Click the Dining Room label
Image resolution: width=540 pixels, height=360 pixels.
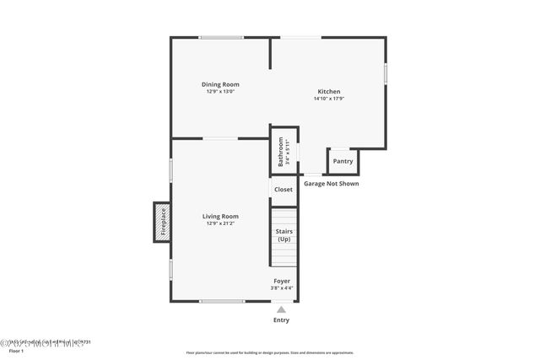pos(220,83)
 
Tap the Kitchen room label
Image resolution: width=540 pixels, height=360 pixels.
pos(328,91)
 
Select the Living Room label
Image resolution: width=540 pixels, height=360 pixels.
pos(220,216)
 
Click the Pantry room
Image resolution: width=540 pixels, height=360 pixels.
pos(343,161)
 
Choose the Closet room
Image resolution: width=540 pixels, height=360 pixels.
pos(283,190)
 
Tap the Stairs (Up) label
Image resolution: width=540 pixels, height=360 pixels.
pos(283,234)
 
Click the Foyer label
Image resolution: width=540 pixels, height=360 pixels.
pos(282,281)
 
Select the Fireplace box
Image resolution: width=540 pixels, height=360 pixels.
pos(162,222)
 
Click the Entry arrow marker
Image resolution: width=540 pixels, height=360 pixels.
pos(281,309)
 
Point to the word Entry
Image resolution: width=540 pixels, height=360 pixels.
pos(281,320)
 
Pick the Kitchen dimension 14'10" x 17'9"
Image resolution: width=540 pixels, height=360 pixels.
pos(328,99)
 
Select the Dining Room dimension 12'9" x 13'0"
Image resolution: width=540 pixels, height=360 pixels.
pos(220,91)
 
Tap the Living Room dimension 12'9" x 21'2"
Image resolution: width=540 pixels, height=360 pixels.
pos(220,223)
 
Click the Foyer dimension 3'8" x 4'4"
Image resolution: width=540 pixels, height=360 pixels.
pos(282,288)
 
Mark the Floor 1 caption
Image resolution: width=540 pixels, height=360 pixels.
pos(17,350)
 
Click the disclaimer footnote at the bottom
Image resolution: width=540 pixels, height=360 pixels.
pos(270,353)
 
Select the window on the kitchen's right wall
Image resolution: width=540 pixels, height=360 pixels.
pos(386,73)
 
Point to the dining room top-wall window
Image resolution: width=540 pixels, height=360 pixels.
pos(222,37)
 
